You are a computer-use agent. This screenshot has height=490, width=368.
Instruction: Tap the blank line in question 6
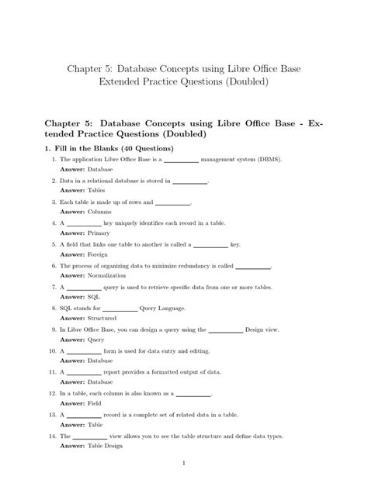[252, 266]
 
